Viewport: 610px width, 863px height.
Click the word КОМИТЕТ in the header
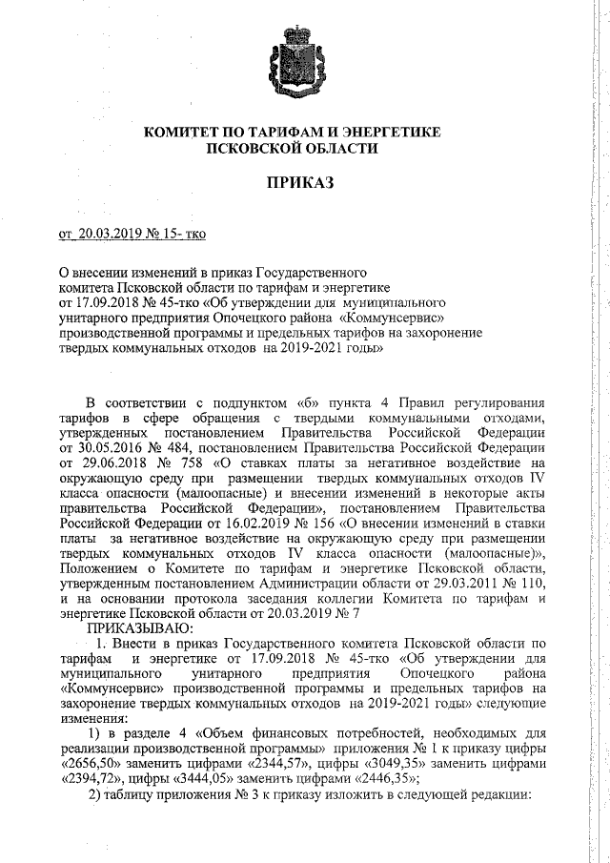pyautogui.click(x=184, y=133)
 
